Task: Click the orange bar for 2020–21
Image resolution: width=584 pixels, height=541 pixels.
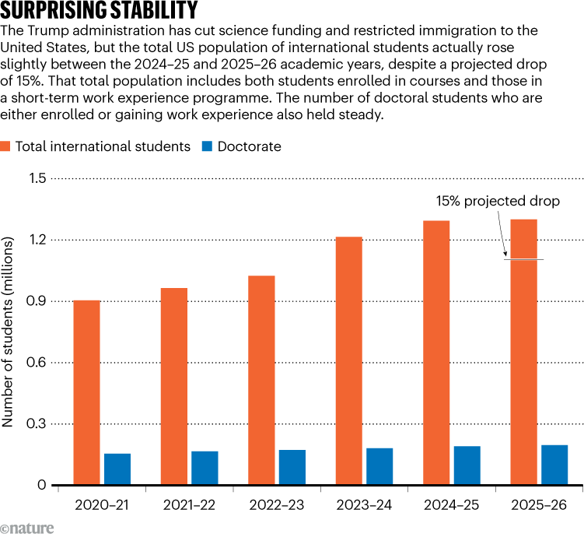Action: pyautogui.click(x=86, y=392)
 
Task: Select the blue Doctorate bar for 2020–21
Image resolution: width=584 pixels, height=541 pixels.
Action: pyautogui.click(x=117, y=469)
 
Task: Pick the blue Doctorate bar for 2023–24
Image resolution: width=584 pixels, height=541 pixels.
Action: pyautogui.click(x=379, y=466)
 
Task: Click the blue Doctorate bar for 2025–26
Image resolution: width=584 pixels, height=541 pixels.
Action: pyautogui.click(x=554, y=465)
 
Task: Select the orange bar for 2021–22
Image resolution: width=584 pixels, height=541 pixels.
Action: pyautogui.click(x=173, y=386)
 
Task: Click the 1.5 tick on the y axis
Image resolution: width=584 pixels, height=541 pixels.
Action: pyautogui.click(x=37, y=179)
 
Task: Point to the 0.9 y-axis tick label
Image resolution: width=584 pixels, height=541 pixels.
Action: pyautogui.click(x=37, y=301)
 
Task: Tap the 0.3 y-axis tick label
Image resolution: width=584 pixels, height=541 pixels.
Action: pyautogui.click(x=37, y=424)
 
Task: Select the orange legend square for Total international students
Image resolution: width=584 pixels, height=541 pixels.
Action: pyautogui.click(x=5, y=146)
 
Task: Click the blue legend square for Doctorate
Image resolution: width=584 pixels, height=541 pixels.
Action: pyautogui.click(x=208, y=146)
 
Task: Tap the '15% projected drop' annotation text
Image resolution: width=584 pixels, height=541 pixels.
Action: pyautogui.click(x=498, y=201)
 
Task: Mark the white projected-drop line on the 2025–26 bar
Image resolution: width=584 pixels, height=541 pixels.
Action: pyautogui.click(x=523, y=259)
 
